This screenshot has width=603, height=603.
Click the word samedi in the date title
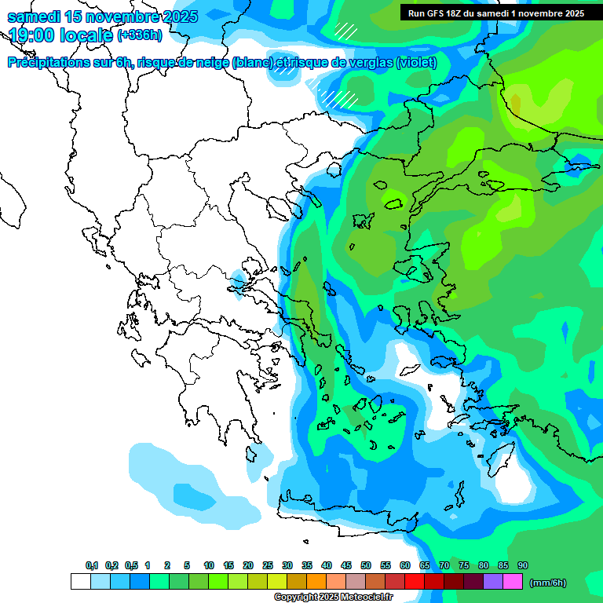pos(33,16)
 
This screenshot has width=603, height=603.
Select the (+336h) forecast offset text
pos(139,35)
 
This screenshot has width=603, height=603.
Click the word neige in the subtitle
pos(211,63)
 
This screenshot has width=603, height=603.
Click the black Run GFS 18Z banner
pos(495,13)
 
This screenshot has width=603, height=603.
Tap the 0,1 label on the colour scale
pos(92,565)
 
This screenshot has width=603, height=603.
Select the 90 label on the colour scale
pos(523,565)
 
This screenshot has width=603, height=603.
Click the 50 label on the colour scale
pos(366,565)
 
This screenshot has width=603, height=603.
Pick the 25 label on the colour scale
pos(268,565)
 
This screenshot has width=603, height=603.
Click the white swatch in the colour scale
pos(80,582)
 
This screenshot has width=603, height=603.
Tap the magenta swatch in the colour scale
pos(513,582)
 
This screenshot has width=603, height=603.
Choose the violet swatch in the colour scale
pos(493,582)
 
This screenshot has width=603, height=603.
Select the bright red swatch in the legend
pos(415,582)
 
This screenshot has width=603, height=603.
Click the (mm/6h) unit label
pos(548,583)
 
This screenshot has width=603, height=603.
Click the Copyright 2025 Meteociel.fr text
pos(332,598)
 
